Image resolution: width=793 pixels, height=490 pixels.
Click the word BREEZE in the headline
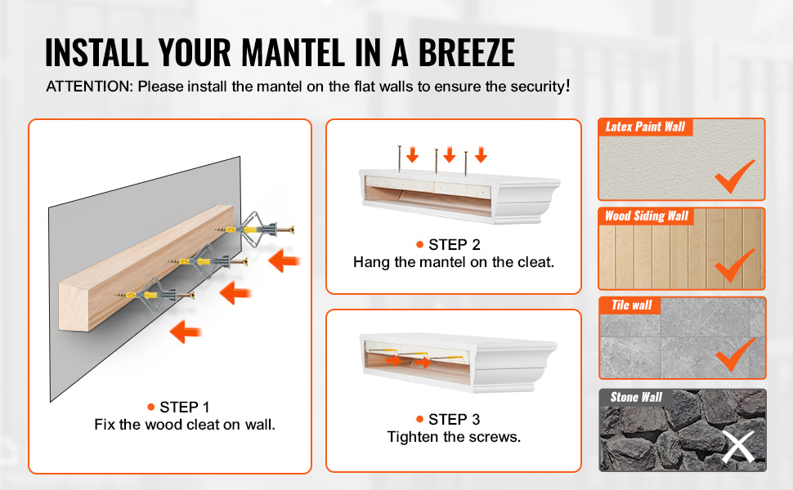point(466,52)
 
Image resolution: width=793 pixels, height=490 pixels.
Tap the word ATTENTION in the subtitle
point(89,87)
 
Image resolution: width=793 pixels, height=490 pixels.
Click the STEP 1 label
point(184,408)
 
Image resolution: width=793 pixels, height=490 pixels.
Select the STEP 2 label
point(454,245)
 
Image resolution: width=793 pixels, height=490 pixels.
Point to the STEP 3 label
point(454,419)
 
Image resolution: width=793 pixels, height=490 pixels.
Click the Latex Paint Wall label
point(645,127)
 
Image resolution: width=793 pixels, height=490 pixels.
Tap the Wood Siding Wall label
point(647,216)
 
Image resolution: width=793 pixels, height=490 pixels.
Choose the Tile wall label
point(632,305)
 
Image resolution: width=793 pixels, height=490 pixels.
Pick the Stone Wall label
point(636,397)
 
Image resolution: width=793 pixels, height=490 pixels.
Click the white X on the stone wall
point(738,447)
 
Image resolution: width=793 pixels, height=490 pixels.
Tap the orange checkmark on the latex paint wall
point(734,176)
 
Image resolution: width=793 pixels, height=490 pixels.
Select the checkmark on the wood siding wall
point(734,265)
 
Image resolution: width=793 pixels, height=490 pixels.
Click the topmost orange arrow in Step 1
point(284,261)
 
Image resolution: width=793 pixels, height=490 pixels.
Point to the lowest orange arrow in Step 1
point(186,332)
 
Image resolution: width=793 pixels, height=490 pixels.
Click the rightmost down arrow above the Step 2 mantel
point(481,154)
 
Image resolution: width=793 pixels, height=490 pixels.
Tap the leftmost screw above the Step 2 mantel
point(400,158)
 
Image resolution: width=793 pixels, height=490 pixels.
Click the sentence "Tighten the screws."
point(454,437)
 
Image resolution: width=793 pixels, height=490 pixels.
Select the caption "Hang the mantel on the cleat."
point(454,262)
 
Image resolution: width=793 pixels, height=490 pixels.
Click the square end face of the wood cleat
point(74,306)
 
